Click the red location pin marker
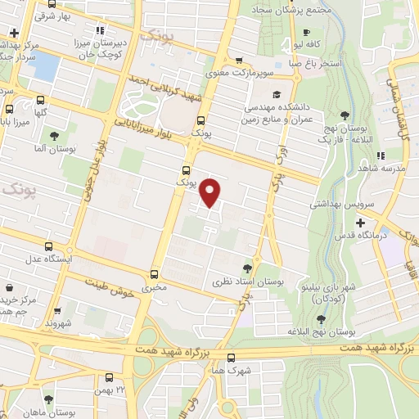[211, 193]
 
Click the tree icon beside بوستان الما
[54, 137]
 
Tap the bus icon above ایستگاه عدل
[50, 246]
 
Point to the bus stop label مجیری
[154, 289]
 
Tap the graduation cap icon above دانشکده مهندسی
[277, 95]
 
